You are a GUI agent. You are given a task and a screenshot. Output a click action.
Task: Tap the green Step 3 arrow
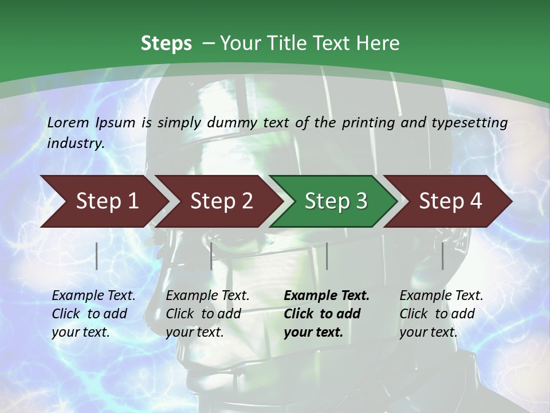point(336,201)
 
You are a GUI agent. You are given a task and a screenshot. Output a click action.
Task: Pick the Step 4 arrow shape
point(450,201)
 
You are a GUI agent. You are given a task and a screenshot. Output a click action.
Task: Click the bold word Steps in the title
point(166,44)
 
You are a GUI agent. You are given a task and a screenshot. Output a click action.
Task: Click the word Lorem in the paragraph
point(68,122)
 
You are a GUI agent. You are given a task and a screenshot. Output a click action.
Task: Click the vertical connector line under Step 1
point(97,256)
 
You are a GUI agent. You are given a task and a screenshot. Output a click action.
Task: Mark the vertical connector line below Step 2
point(211,256)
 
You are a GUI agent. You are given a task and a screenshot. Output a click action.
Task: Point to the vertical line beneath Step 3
point(327,256)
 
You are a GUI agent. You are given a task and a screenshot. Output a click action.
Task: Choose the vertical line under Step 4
point(443,256)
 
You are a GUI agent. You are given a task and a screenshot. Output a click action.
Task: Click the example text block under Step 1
point(93,314)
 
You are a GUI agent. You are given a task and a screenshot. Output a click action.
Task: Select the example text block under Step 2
point(207,314)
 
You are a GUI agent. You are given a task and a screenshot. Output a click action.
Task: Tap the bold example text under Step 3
point(327,314)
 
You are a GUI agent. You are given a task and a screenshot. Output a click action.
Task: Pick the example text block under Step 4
point(441,314)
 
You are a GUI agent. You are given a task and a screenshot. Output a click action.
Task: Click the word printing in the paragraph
point(367,122)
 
